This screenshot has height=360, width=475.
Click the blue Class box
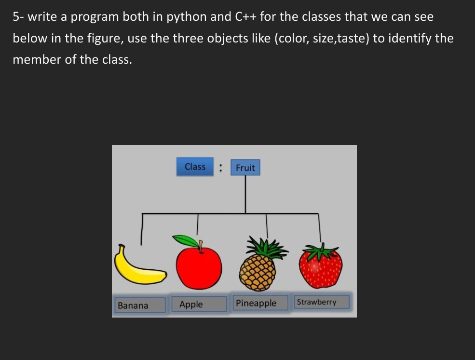(195, 166)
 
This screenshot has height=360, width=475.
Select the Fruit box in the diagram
(245, 167)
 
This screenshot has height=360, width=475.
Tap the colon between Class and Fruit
(220, 167)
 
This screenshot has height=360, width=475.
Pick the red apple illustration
(199, 268)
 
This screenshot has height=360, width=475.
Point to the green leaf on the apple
(186, 240)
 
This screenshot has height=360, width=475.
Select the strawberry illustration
(320, 267)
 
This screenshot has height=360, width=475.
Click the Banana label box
(140, 305)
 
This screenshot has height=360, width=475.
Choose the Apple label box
(199, 304)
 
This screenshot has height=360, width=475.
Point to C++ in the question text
(246, 17)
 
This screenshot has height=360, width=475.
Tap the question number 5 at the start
(16, 17)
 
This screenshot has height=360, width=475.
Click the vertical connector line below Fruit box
(245, 193)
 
